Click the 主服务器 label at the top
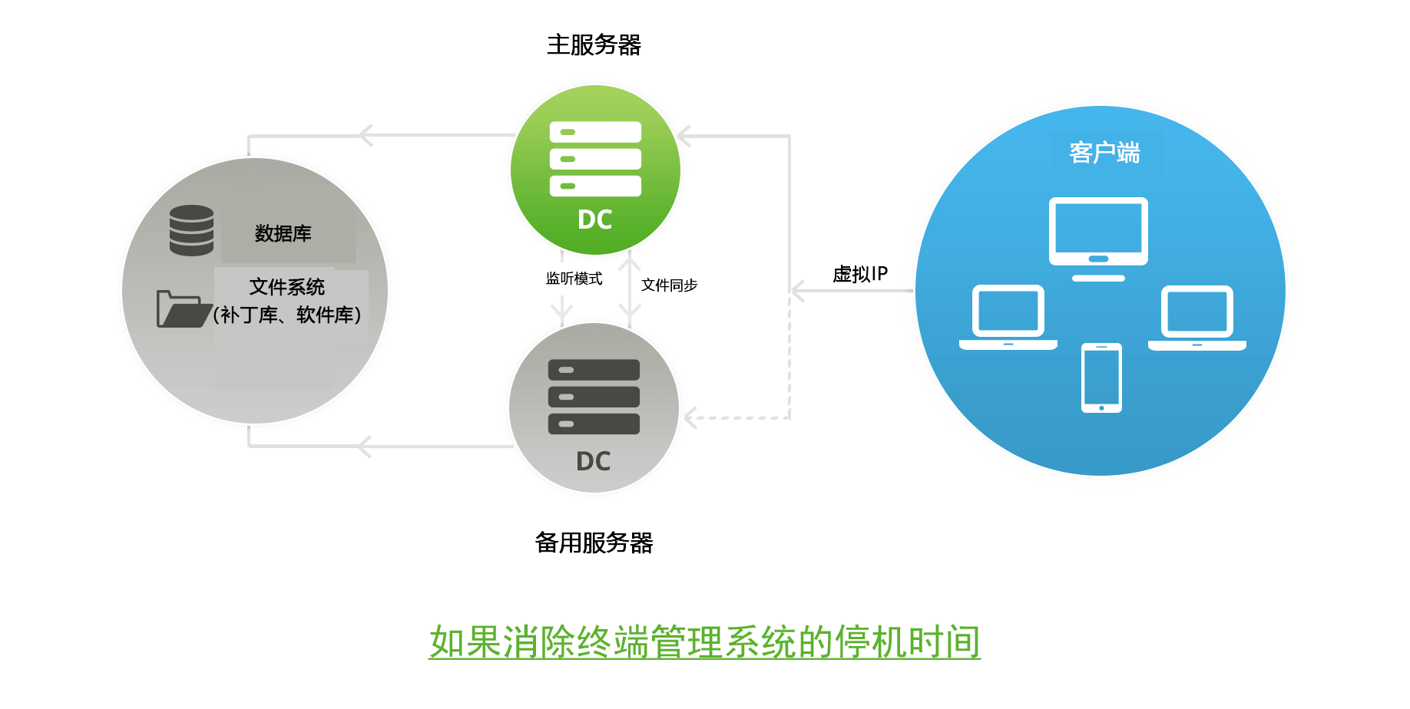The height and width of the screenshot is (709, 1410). tap(594, 45)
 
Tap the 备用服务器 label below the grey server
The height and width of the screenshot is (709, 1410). tap(594, 543)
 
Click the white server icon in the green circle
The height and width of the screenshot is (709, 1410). tap(595, 159)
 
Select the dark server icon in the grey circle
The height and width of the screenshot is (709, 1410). tap(594, 397)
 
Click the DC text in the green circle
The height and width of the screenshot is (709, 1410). tap(595, 220)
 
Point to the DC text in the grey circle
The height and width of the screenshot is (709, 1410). tap(594, 461)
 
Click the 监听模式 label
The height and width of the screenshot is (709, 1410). tap(574, 279)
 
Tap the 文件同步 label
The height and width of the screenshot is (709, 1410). tap(669, 285)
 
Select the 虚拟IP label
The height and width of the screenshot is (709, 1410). tap(860, 274)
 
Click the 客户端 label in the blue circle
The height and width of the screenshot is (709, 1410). tap(1104, 153)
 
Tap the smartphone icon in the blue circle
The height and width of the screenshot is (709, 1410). tap(1101, 378)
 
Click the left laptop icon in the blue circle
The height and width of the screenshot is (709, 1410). tap(1008, 317)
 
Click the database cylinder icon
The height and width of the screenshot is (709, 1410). tap(191, 230)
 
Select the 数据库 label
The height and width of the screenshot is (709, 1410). tap(283, 233)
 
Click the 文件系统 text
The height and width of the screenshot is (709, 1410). tap(286, 287)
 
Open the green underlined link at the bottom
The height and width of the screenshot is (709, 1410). tap(704, 641)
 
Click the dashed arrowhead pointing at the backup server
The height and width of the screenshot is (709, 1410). tap(690, 418)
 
